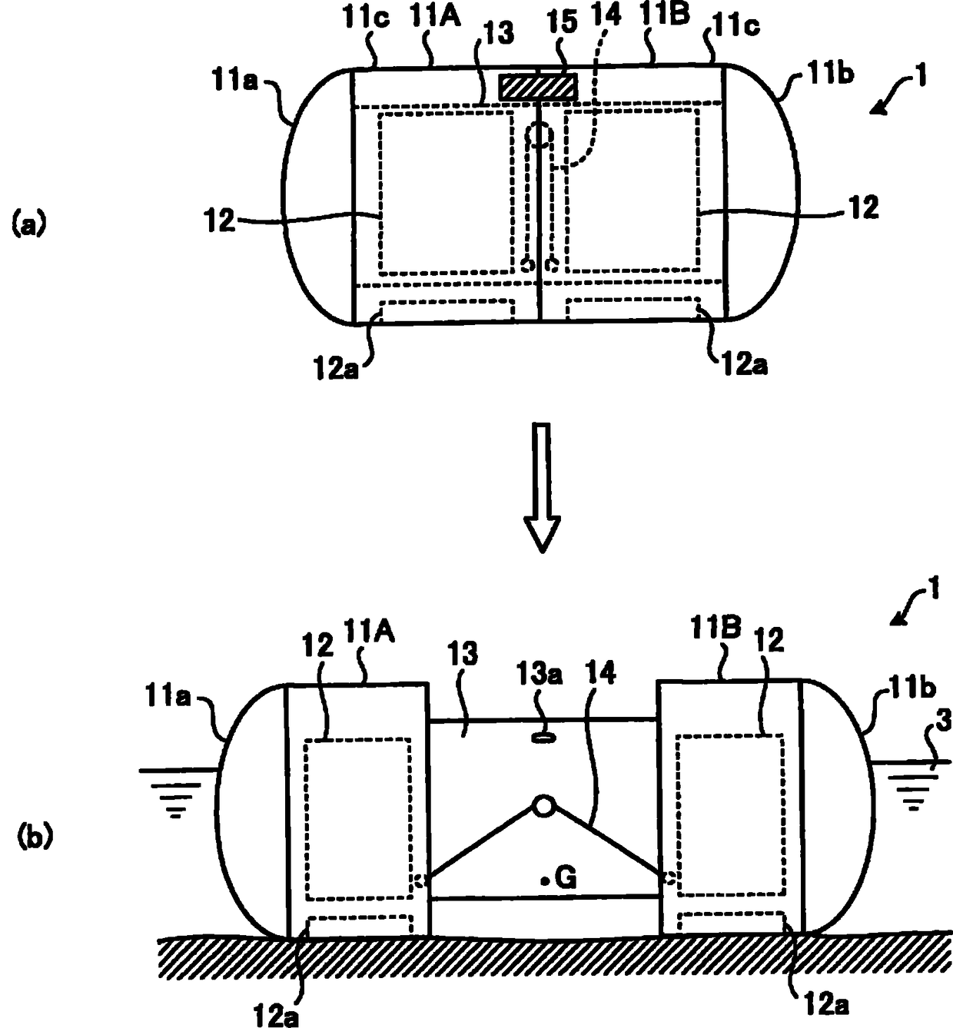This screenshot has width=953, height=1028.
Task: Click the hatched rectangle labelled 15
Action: coord(537,86)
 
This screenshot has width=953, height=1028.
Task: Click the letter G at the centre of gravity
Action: coord(566,877)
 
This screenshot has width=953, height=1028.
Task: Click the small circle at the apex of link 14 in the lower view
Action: coord(543,807)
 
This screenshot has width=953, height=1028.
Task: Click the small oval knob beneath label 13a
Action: coord(543,738)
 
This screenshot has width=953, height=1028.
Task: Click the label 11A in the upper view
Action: coord(435,17)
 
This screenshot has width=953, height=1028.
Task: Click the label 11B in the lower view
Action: coord(716,631)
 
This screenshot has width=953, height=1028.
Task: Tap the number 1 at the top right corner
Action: coord(921,76)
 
